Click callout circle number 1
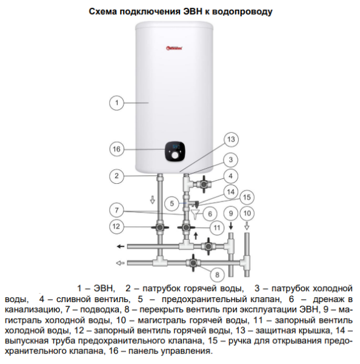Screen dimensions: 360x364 pyautogui.click(x=116, y=103)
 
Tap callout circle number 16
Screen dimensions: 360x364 pyautogui.click(x=116, y=149)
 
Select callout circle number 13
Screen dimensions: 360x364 pyautogui.click(x=231, y=140)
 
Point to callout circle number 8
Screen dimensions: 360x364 pyautogui.click(x=217, y=275)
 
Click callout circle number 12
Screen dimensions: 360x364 pyautogui.click(x=116, y=226)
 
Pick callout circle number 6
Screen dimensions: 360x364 pyautogui.click(x=210, y=214)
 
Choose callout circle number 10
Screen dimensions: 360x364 pyautogui.click(x=247, y=213)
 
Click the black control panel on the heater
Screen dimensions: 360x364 pyautogui.click(x=175, y=151)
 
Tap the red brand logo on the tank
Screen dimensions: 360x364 pyautogui.click(x=174, y=48)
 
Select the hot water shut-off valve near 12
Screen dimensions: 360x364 pyautogui.click(x=160, y=227)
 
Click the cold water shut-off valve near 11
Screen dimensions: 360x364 pyautogui.click(x=186, y=227)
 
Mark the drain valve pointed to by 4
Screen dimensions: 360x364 pyautogui.click(x=204, y=184)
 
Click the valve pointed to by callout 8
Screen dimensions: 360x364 pyautogui.click(x=193, y=263)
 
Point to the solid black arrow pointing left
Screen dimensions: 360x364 pyautogui.click(x=121, y=246)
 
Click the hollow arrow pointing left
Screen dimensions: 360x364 pyautogui.click(x=120, y=263)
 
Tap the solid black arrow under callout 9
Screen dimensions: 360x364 pyautogui.click(x=231, y=226)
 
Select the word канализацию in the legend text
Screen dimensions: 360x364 pyautogui.click(x=33, y=309)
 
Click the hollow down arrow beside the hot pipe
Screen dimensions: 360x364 pyautogui.click(x=152, y=200)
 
